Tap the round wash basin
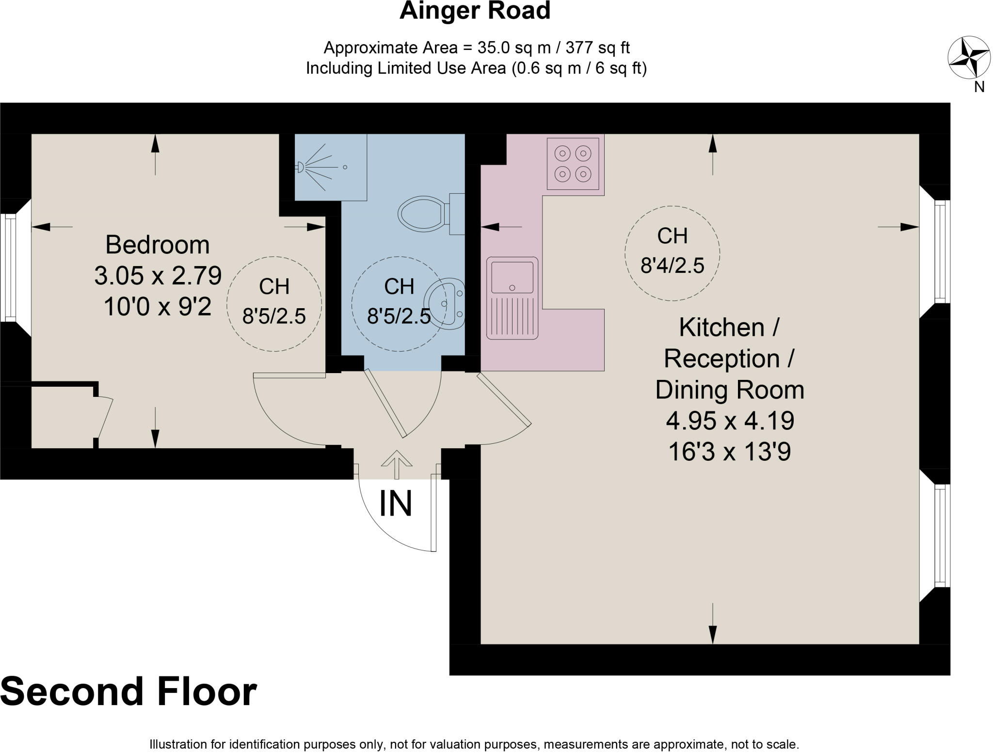click(x=444, y=303)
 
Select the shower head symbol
click(x=300, y=167)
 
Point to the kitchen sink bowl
click(x=512, y=277)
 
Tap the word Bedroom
click(x=158, y=245)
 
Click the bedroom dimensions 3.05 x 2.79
click(x=158, y=276)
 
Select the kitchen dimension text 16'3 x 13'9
click(x=729, y=452)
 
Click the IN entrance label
click(x=396, y=504)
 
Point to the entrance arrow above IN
click(x=396, y=464)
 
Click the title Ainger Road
click(x=475, y=11)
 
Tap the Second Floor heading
click(x=128, y=692)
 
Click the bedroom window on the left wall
click(x=9, y=267)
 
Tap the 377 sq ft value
click(x=597, y=47)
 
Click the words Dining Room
click(x=729, y=390)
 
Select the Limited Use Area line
click(x=476, y=68)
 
